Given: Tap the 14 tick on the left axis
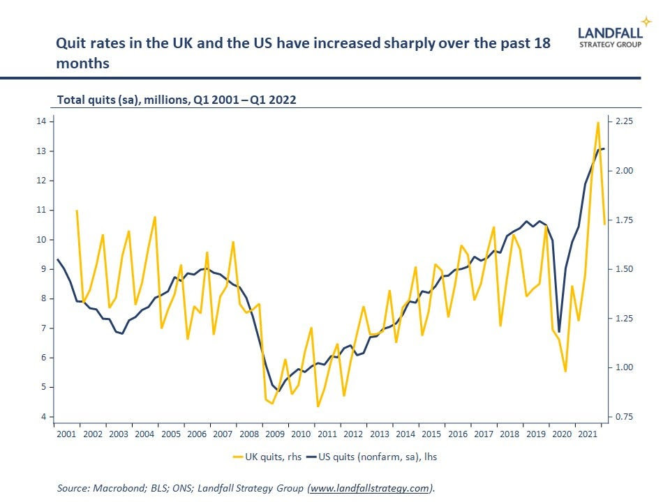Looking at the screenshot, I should [x=42, y=121].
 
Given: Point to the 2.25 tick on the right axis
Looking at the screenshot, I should [x=625, y=121].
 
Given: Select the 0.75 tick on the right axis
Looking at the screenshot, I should [x=625, y=417].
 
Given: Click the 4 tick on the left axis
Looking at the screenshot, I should [x=44, y=417].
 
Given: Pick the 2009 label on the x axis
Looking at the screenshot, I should [x=275, y=434].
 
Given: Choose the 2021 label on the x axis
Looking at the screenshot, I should [x=588, y=434].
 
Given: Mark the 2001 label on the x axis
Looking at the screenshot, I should [x=66, y=434].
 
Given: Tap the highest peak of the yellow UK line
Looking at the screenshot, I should [x=597, y=123].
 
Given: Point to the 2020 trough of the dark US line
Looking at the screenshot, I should [x=559, y=332].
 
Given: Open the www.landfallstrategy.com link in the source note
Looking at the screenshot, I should [x=370, y=489].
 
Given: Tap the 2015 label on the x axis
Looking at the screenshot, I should [x=431, y=434].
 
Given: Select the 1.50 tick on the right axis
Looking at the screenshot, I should [x=625, y=269].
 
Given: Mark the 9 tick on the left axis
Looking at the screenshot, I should [x=44, y=269].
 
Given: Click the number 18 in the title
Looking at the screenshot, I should [x=543, y=43].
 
